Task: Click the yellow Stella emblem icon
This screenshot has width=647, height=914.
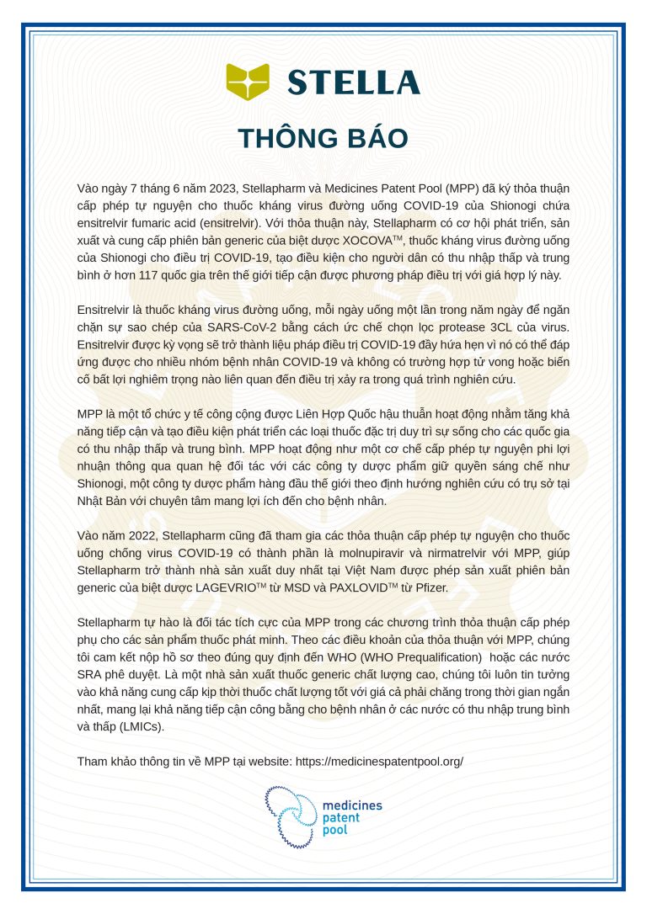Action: tap(248, 82)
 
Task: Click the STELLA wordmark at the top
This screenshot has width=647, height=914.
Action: tap(353, 82)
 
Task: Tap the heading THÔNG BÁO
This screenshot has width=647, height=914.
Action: tap(323, 139)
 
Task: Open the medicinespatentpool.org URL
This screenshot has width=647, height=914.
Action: tap(379, 761)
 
